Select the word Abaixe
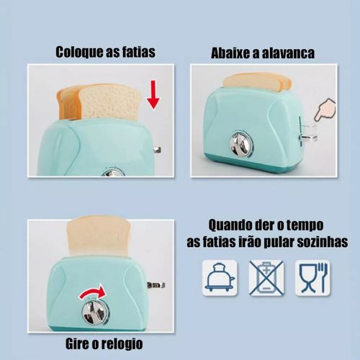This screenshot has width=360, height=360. [x=230, y=53]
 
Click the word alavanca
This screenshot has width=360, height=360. [x=288, y=53]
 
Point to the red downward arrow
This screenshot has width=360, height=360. [x=153, y=94]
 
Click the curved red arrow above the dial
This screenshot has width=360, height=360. [x=93, y=292]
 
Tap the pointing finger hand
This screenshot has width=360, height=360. [x=325, y=111]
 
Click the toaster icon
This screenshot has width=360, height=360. [x=220, y=278]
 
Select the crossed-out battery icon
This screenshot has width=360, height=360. [x=266, y=278]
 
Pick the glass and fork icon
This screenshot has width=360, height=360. [x=312, y=278]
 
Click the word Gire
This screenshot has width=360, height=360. [x=76, y=343]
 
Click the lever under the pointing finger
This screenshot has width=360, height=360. [x=308, y=137]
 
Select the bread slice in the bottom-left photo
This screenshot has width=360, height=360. [x=99, y=236]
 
